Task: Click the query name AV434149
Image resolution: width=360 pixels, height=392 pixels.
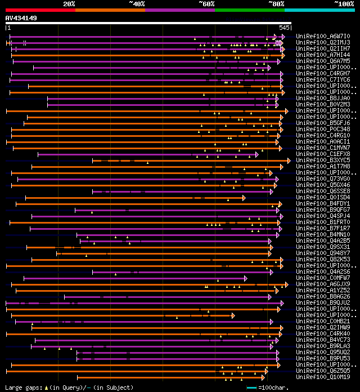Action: pos(21,18)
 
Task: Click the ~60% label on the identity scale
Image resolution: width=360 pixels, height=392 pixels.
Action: pos(206,3)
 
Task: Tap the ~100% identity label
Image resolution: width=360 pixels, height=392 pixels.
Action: pos(344,3)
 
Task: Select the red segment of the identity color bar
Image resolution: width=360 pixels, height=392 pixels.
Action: pos(40,10)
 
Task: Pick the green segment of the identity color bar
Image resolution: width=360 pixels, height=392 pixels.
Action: pos(249,10)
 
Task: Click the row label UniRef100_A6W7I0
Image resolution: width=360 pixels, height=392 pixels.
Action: pos(323,36)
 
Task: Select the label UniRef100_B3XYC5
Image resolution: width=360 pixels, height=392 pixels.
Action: pos(323,160)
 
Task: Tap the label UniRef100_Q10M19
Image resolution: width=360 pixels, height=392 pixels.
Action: pos(323,377)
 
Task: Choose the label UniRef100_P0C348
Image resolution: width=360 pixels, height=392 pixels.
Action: pos(323,129)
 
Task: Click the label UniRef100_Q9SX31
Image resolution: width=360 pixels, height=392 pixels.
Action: pos(323,247)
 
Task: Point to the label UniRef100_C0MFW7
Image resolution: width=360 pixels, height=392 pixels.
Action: pos(323,278)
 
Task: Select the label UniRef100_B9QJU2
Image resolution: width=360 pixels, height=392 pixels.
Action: pos(323,302)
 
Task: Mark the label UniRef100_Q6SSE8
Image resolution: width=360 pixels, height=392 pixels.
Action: pos(323,191)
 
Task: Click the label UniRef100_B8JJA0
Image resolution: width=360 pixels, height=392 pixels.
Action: pos(323,98)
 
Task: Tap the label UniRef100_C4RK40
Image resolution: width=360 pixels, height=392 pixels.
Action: pos(323,333)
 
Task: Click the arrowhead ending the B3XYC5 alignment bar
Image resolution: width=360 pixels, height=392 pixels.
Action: pos(289,161)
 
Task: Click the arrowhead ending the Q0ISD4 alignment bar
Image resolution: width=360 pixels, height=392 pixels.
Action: pos(244,198)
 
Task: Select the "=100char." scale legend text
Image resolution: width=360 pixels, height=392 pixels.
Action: pos(273,387)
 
